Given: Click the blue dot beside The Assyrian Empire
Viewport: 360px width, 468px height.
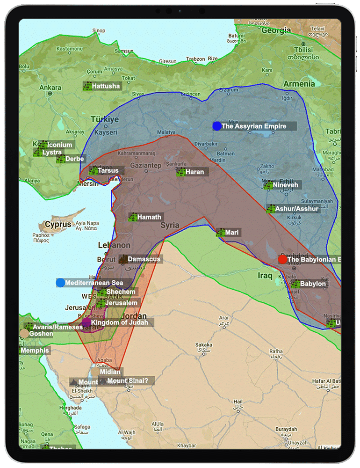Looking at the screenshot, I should (x=216, y=126).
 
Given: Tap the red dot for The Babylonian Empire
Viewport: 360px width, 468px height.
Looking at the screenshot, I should (x=282, y=259).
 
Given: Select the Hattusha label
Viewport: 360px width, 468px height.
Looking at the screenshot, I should (x=106, y=86).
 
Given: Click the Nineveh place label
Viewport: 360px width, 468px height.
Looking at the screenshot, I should (x=285, y=185).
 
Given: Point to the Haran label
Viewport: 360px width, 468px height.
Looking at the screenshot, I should (x=194, y=172).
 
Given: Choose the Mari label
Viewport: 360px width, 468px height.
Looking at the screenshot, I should (x=232, y=233).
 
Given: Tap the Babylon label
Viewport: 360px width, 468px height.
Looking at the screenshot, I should (x=313, y=284).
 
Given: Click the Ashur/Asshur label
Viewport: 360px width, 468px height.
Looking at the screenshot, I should (x=296, y=209).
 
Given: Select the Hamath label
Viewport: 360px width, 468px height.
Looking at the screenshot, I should (x=149, y=217).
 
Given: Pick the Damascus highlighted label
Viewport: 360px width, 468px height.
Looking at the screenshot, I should (x=144, y=259).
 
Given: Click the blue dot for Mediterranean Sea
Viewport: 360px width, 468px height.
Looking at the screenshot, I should (x=60, y=283).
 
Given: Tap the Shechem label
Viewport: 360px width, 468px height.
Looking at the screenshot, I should (x=121, y=292).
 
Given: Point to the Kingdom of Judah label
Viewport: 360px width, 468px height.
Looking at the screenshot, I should (x=119, y=322).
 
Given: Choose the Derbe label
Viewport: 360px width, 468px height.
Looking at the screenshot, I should (x=75, y=159).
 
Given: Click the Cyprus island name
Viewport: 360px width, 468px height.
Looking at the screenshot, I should (x=58, y=225).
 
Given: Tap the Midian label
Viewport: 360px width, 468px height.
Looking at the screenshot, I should (x=109, y=372).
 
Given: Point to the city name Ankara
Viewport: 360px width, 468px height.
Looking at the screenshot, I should (x=50, y=88).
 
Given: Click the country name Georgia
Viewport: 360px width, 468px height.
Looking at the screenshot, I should (x=276, y=30).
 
